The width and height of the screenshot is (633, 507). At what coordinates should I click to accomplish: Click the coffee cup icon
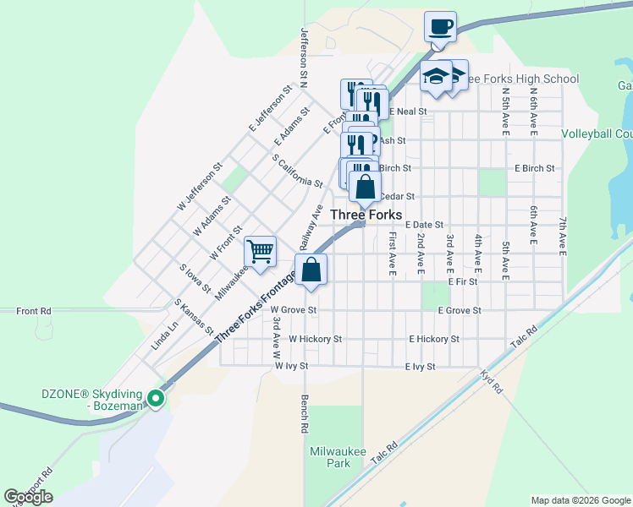click(440, 26)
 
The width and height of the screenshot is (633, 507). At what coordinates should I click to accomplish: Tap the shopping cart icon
click(261, 250)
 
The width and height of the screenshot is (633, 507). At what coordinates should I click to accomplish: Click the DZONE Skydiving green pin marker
click(156, 398)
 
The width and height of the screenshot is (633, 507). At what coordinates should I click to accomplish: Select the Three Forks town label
click(366, 215)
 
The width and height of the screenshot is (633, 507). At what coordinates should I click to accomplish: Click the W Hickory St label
click(315, 339)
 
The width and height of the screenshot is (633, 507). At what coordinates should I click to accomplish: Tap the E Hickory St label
click(434, 339)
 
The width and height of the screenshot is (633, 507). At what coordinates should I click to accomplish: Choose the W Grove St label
click(294, 310)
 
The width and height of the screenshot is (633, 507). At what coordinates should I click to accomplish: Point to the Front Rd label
click(34, 311)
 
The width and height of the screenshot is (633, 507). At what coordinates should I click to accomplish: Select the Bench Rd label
click(304, 415)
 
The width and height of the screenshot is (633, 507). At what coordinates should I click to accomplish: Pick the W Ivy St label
click(291, 367)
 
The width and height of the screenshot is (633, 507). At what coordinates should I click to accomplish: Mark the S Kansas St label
click(194, 315)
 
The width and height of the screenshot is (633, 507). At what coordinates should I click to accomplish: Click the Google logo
click(28, 497)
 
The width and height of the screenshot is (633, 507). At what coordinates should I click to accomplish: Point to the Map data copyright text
click(581, 500)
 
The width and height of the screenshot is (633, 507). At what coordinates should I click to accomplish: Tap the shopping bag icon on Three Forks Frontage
click(311, 270)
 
